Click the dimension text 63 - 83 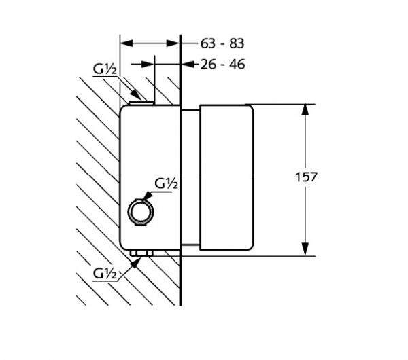(222, 43)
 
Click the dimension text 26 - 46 (222, 65)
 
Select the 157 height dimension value (306, 177)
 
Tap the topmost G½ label (105, 69)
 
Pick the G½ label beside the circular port (166, 183)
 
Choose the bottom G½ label (105, 274)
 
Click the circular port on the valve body (141, 212)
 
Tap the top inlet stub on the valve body (141, 103)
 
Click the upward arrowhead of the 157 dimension (305, 109)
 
